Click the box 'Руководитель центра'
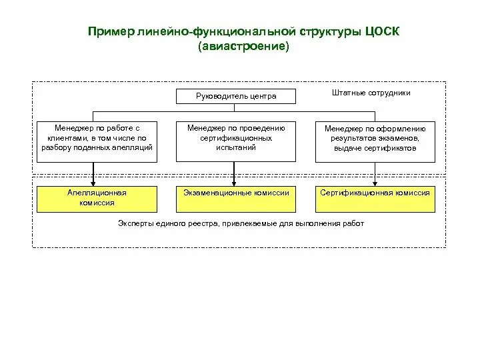coord(235,97)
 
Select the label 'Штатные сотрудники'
coord(371,93)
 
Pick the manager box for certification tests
coord(235,141)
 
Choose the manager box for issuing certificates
coord(375,141)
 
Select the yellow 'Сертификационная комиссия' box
coord(375,197)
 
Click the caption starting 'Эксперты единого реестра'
coord(241,223)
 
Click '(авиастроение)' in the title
coord(244,47)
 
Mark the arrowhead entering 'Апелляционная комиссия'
coord(93,184)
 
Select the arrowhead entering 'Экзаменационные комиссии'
coord(233,184)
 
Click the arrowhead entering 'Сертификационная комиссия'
coord(374,184)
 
